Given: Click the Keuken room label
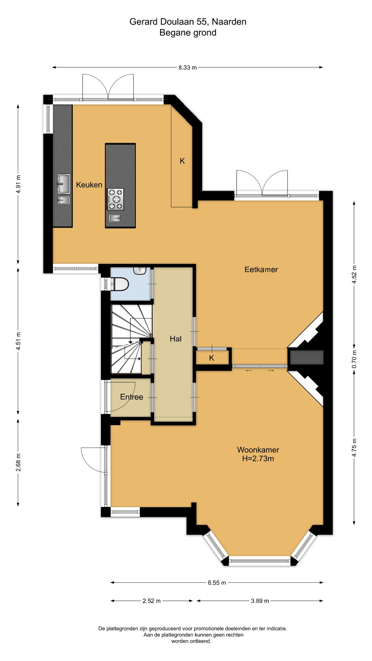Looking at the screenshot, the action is (89, 185).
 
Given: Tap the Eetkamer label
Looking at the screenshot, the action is (261, 269).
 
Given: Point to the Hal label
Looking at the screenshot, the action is (176, 339).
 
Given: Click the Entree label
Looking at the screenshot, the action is (131, 397).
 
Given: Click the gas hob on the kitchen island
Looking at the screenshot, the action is (115, 199).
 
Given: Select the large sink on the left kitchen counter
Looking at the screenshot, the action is (64, 184).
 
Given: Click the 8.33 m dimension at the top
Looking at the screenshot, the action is (188, 68).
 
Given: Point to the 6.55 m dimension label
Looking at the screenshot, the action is (217, 575).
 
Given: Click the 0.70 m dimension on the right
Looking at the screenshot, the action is (354, 359).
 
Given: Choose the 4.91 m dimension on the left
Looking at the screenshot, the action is (18, 184).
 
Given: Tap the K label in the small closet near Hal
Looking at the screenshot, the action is (212, 358).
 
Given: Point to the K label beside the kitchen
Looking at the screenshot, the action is (182, 161).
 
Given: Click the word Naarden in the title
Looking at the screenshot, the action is (229, 22).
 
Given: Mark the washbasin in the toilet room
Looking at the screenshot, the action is (140, 270).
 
